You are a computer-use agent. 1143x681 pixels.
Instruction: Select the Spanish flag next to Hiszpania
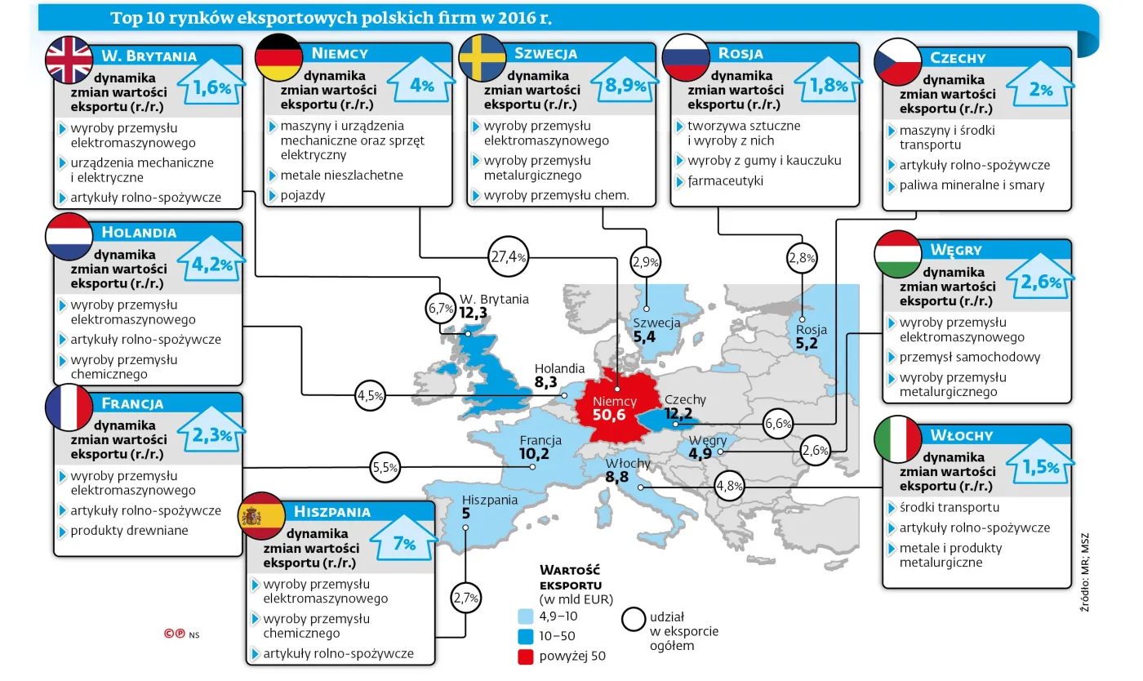coord(260,516)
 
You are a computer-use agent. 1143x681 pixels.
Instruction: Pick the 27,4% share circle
coord(507,256)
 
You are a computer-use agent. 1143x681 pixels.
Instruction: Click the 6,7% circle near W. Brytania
coord(440,309)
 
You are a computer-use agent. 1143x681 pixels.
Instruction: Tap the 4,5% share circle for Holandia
coord(370,396)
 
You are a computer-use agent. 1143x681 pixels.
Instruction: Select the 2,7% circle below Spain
coord(465,597)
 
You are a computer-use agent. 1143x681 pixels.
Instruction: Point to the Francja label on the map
coord(540,442)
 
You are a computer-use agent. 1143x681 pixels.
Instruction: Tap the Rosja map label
coord(811,330)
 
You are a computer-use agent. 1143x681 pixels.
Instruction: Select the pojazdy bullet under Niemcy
coord(302,195)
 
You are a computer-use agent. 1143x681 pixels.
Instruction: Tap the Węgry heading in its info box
coord(956,250)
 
